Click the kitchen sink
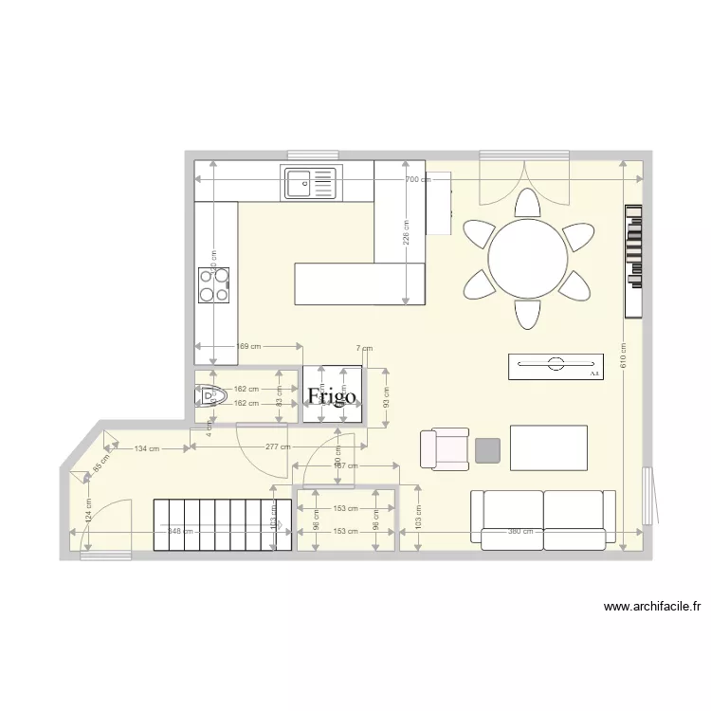click(310, 182)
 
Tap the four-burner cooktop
click(213, 284)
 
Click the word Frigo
click(332, 396)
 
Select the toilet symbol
click(211, 395)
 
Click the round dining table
click(528, 259)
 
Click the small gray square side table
click(487, 450)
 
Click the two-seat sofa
click(543, 520)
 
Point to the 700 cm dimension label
click(417, 179)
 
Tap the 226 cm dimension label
click(407, 233)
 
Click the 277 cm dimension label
click(278, 447)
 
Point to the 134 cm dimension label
click(146, 448)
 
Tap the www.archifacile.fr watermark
click(651, 607)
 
